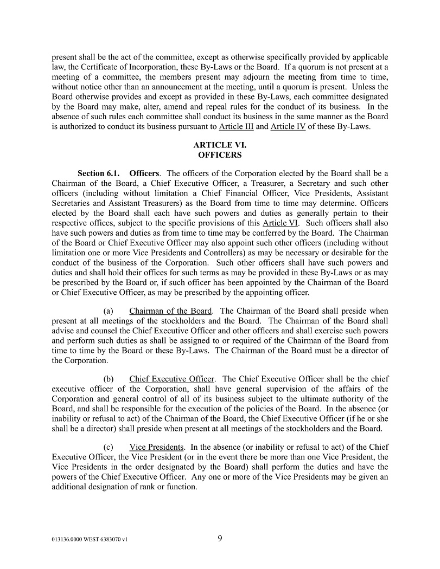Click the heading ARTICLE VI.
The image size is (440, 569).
tap(220, 145)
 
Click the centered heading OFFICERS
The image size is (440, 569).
tap(220, 154)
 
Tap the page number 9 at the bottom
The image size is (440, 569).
tap(220, 538)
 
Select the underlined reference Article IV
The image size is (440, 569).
tap(288, 127)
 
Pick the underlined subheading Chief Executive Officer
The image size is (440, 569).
tap(172, 379)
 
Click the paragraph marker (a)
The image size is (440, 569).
tap(108, 311)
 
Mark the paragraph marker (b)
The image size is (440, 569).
tap(108, 379)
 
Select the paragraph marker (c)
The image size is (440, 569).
tap(108, 447)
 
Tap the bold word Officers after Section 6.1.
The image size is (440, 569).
tap(144, 174)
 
